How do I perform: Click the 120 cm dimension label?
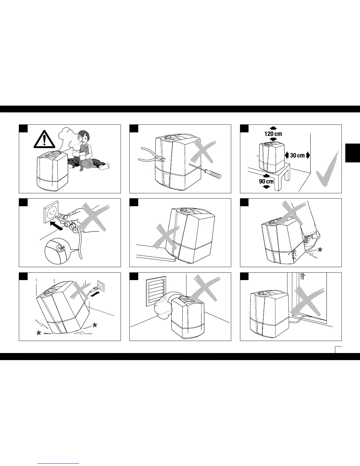(273, 134)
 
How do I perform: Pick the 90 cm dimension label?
(266, 181)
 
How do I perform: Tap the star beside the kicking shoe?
(320, 249)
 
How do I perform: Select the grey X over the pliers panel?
(203, 152)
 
